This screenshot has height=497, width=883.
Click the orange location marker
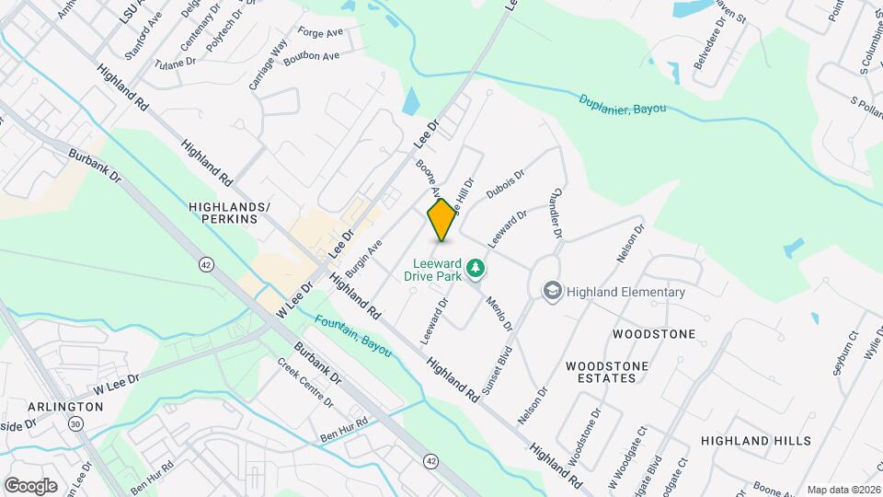click(x=442, y=220)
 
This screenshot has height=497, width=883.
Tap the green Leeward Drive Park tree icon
click(x=476, y=269)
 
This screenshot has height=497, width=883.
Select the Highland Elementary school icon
click(x=552, y=292)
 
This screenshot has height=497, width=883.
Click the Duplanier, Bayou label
click(x=623, y=104)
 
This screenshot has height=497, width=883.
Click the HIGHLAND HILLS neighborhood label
click(x=755, y=442)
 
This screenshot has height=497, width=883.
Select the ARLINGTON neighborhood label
click(x=65, y=406)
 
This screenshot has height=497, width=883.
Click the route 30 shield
click(x=75, y=422)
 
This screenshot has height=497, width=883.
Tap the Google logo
click(x=30, y=485)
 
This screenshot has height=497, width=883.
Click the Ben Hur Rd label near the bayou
click(x=343, y=428)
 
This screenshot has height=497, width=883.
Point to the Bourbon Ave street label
click(x=311, y=57)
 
